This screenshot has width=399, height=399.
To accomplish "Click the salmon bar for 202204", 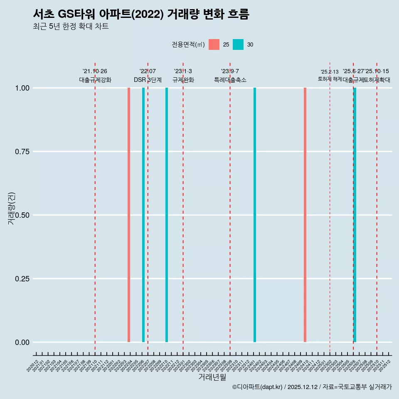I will [129, 215].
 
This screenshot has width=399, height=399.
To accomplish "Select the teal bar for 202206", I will [143, 215].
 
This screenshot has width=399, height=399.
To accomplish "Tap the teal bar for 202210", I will [167, 215].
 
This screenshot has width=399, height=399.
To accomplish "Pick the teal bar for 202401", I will [255, 215].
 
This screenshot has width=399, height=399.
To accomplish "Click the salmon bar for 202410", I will [305, 215].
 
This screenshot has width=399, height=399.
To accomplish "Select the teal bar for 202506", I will [355, 215].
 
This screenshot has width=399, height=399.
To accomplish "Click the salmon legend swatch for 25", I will [214, 44].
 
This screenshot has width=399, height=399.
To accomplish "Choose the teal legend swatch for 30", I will [238, 44].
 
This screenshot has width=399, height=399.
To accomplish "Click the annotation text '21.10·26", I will [95, 71].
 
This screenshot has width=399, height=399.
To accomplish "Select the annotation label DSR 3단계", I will [148, 80].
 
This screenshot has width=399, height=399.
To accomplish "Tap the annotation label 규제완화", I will [183, 80].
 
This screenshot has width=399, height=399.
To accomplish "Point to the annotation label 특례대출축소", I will [230, 80].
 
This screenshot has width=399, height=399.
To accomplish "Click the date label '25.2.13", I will [330, 72].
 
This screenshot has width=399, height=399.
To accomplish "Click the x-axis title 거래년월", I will [212, 377].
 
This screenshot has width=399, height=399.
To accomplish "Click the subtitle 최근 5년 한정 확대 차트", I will [71, 27].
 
